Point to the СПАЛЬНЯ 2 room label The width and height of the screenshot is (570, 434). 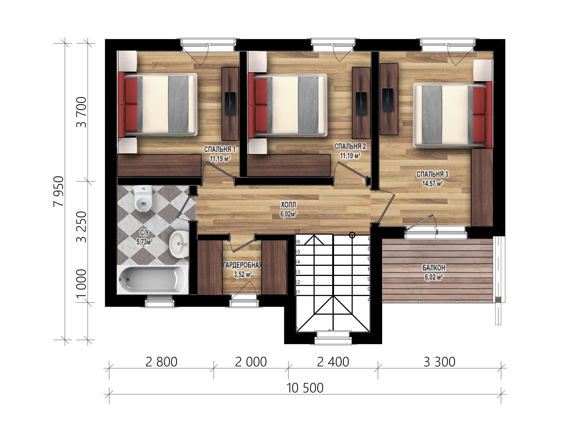coord(350,146)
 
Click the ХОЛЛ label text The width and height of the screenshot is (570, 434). coord(288,205)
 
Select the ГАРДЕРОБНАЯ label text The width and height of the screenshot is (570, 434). coord(242,265)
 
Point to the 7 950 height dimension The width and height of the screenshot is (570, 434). coord(58,191)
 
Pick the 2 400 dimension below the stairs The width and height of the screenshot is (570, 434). coord(333,362)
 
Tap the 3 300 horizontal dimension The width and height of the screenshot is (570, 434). coord(440,362)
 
